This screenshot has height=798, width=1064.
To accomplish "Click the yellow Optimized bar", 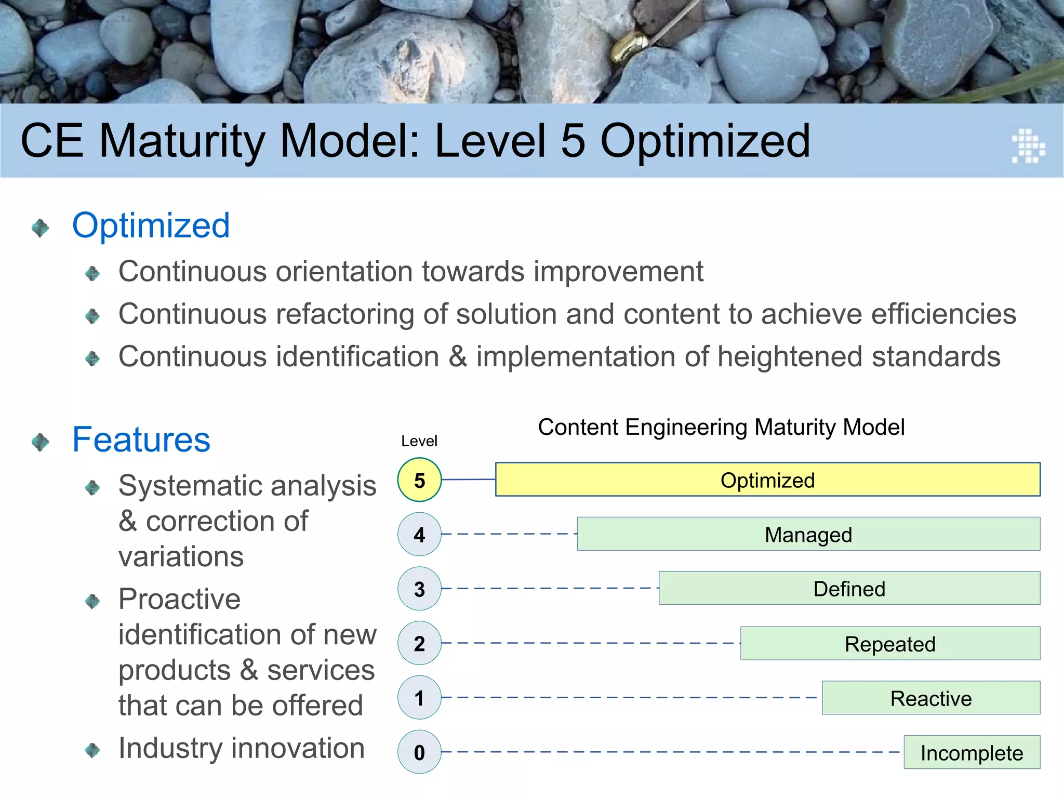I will point(767,480).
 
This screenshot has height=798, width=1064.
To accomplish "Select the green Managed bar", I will point(808,534).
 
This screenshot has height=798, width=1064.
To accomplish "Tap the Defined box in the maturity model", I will point(849,588).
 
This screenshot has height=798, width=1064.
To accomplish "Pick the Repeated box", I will point(890,643).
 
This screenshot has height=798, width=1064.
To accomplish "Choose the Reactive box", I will point(930,698).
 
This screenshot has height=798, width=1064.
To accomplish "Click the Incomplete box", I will point(972,752).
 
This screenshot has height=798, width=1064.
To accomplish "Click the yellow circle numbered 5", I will point(419,480).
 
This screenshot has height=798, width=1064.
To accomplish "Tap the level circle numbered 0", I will point(419,752).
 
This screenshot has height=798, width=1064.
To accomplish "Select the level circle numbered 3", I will point(419,589).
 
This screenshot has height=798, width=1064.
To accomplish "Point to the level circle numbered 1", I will point(419,697).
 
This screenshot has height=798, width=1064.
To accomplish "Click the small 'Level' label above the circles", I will point(419,441).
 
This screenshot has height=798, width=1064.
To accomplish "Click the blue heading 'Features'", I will point(141,440).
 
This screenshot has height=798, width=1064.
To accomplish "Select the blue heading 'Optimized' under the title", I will point(151,225).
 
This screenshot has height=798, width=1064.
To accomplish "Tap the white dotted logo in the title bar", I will point(1028,146).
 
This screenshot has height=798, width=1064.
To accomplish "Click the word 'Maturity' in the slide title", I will point(182,141).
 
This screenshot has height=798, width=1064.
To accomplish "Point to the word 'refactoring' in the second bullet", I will point(343,314).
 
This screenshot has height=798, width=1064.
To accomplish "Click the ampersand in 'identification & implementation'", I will point(458,357).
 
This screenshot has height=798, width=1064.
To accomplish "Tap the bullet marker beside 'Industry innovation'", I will point(92,750).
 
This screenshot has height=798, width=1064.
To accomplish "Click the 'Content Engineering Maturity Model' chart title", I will point(721,427).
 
